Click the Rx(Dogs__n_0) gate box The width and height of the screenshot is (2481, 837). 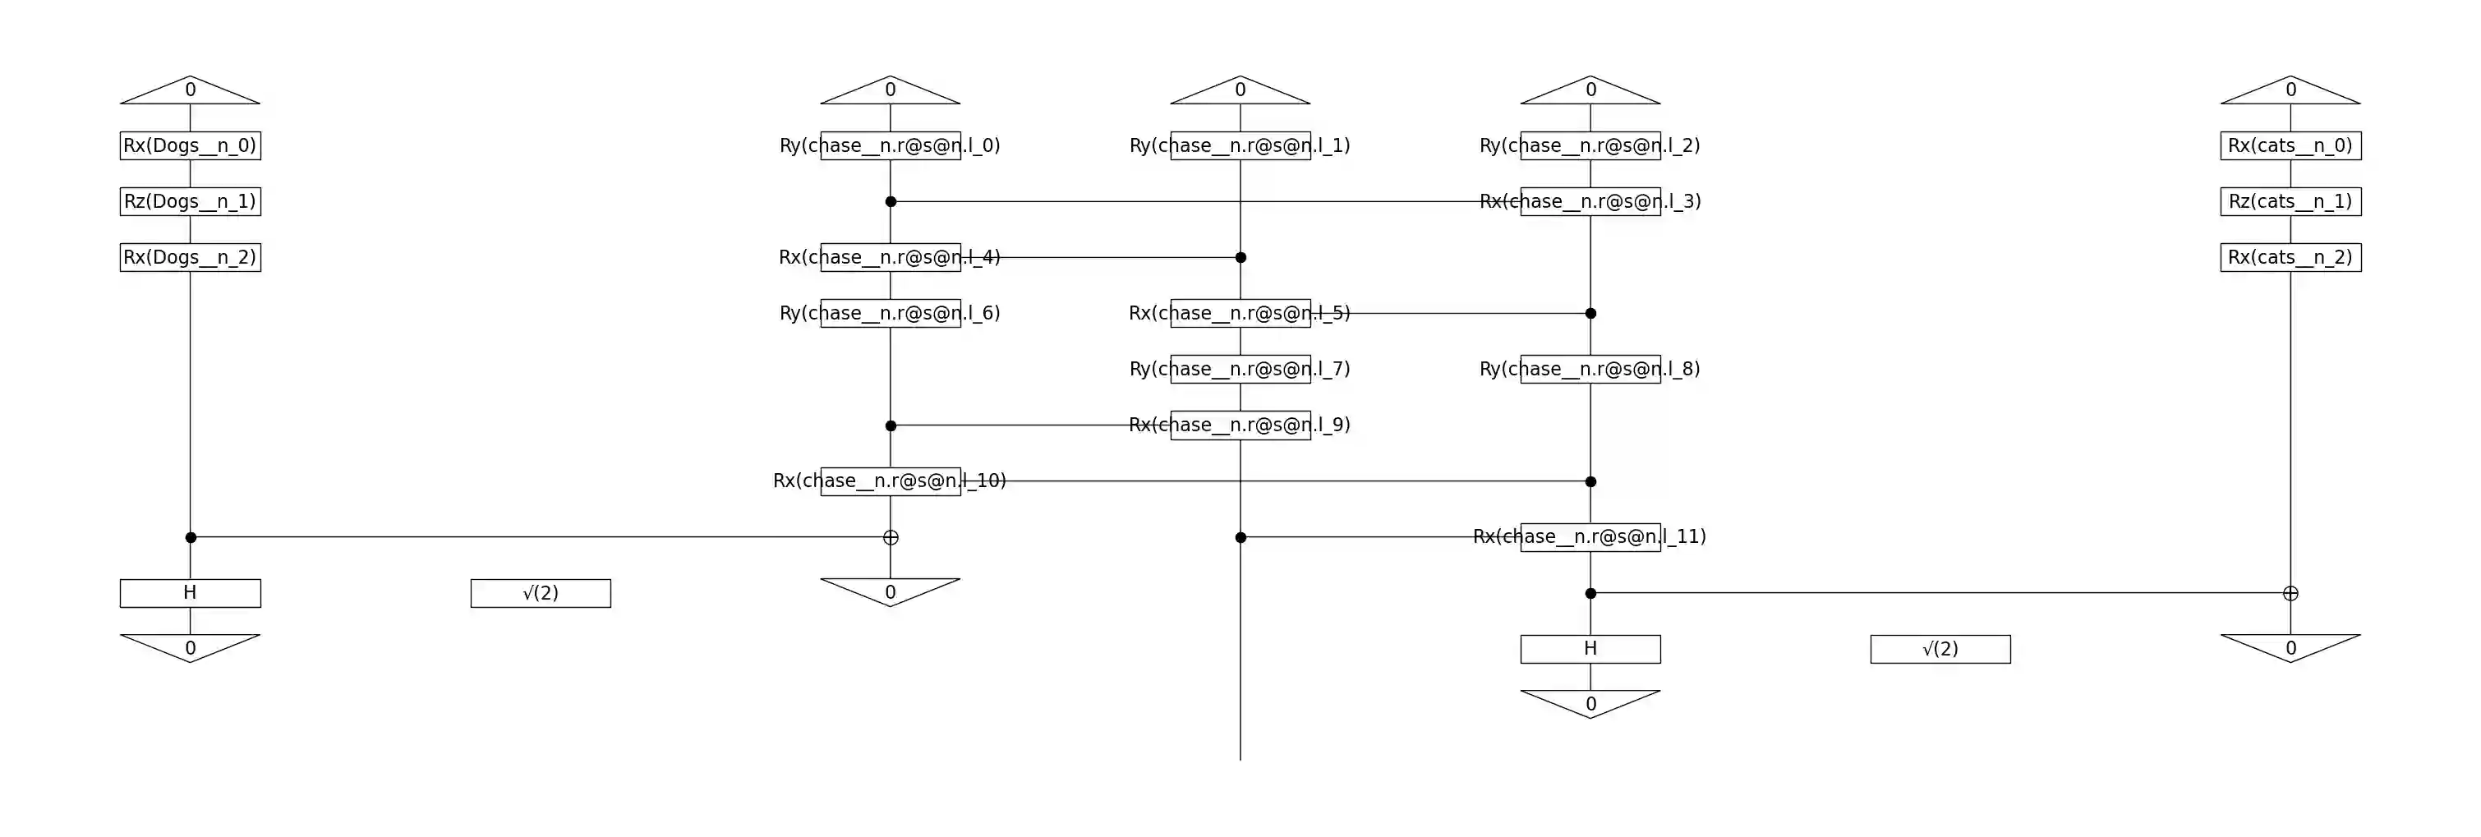click(x=190, y=145)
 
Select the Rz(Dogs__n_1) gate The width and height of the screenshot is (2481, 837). click(x=190, y=201)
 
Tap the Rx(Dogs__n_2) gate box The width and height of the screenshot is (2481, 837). click(x=190, y=257)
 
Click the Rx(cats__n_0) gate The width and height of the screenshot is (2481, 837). click(x=2290, y=145)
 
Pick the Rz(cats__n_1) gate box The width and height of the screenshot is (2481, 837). click(x=2290, y=201)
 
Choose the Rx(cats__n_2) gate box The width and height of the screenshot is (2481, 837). click(x=2290, y=257)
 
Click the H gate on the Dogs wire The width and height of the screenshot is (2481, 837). click(x=190, y=593)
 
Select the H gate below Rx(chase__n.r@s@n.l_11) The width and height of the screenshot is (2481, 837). click(x=1590, y=649)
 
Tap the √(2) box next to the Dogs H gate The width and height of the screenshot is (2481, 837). click(x=541, y=593)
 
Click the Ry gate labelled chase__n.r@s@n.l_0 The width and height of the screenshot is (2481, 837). click(x=890, y=145)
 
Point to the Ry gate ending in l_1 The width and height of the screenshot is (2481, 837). click(x=1240, y=145)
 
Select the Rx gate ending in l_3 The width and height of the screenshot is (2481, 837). click(x=1590, y=201)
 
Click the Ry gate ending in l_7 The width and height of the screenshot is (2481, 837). click(x=1240, y=369)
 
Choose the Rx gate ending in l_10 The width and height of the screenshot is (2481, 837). click(x=890, y=481)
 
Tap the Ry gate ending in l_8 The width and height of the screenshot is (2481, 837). click(x=1590, y=369)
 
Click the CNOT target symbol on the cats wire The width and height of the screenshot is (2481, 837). click(x=2290, y=593)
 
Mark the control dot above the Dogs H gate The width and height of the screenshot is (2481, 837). click(x=191, y=537)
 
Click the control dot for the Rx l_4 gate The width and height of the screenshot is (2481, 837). click(x=1240, y=257)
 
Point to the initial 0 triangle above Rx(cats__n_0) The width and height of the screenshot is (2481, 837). click(x=2290, y=90)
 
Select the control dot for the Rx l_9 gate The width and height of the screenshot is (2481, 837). click(x=891, y=425)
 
